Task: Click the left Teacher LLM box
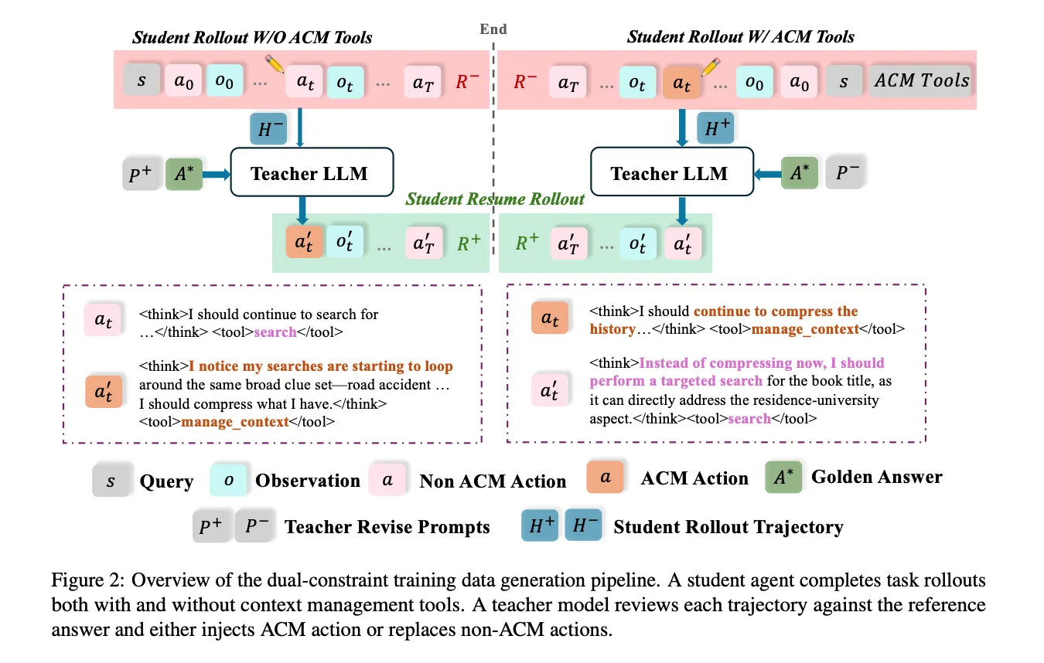click(x=312, y=172)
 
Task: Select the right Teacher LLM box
click(x=671, y=172)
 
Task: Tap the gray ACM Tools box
click(x=921, y=80)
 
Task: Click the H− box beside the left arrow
click(x=268, y=128)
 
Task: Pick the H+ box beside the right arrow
click(x=715, y=127)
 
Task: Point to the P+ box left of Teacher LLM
click(x=141, y=174)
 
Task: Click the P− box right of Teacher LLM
click(x=845, y=172)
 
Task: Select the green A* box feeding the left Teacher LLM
click(x=183, y=174)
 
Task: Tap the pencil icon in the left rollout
click(x=275, y=64)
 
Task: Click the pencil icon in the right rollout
click(x=711, y=67)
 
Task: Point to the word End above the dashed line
click(x=493, y=29)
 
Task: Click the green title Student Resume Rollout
click(x=494, y=199)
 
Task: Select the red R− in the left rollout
click(x=466, y=81)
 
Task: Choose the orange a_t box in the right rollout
click(x=681, y=83)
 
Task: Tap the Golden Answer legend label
click(x=877, y=477)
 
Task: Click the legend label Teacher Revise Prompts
click(x=387, y=526)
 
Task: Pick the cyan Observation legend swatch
click(x=228, y=480)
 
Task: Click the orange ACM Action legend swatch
click(x=605, y=477)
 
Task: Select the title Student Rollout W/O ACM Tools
click(x=252, y=37)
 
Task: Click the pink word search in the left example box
click(x=275, y=332)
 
